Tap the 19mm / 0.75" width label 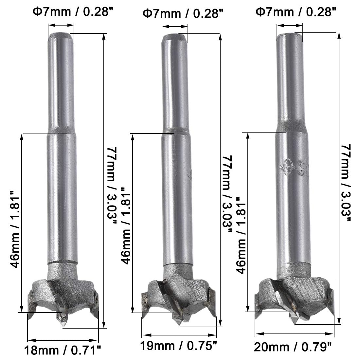178,346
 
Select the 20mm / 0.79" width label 293,347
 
